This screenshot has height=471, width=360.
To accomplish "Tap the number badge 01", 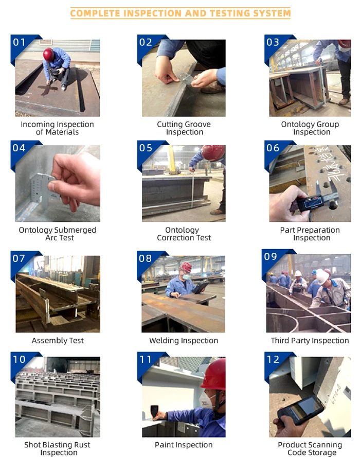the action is [x=19, y=42].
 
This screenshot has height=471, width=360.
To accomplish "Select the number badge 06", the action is [x=273, y=148].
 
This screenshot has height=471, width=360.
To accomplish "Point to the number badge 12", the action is [x=273, y=359].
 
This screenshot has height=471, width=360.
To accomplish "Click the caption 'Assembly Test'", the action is [x=58, y=341].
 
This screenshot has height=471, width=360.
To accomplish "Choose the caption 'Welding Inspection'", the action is [x=184, y=341].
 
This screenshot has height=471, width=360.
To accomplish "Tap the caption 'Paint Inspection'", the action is [x=184, y=445].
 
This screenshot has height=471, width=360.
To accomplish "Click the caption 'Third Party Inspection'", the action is [x=310, y=341].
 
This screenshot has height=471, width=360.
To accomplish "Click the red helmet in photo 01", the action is [x=48, y=55].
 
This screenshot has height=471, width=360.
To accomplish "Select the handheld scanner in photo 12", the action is [x=300, y=410].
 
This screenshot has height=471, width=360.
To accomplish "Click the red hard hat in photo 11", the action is [x=213, y=374].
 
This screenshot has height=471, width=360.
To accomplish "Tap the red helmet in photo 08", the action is [x=186, y=267].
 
